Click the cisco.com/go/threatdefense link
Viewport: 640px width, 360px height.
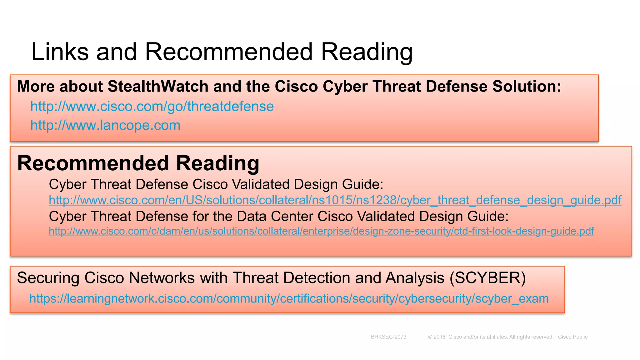click(152, 107)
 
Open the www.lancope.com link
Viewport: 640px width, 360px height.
click(105, 125)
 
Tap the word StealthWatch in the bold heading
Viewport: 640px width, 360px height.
click(158, 87)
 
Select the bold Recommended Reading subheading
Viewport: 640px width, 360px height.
click(138, 163)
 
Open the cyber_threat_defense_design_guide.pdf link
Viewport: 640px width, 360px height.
click(335, 200)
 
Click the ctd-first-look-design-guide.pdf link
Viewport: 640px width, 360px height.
click(321, 231)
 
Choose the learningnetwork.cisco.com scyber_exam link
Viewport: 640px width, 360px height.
click(289, 299)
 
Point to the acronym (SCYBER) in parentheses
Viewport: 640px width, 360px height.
click(488, 278)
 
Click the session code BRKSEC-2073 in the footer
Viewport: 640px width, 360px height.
click(388, 337)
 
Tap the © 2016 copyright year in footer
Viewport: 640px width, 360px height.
click(437, 337)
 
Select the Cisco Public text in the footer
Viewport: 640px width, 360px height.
click(572, 337)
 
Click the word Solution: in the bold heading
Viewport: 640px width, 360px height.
click(527, 87)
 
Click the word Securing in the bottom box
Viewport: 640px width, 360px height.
click(48, 278)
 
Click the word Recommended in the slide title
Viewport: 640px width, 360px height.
click(229, 52)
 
